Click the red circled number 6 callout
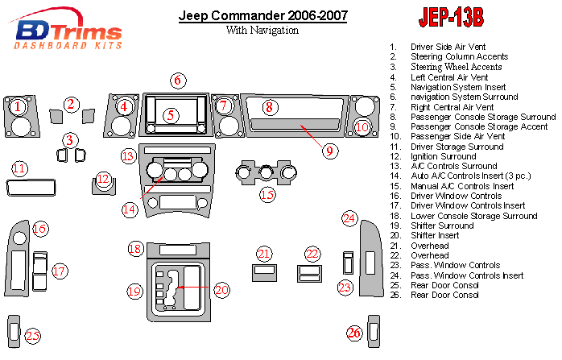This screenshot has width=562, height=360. click(x=178, y=80)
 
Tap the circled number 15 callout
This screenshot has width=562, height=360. click(x=267, y=194)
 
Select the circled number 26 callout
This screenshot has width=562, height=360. click(x=355, y=333)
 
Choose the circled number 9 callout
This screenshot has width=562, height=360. click(x=329, y=149)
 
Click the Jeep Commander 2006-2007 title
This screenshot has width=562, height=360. click(x=262, y=15)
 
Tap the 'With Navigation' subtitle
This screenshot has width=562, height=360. click(x=262, y=31)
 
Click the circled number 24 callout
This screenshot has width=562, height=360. click(x=349, y=218)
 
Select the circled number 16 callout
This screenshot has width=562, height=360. click(x=39, y=230)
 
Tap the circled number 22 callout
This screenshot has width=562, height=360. click(x=312, y=254)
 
